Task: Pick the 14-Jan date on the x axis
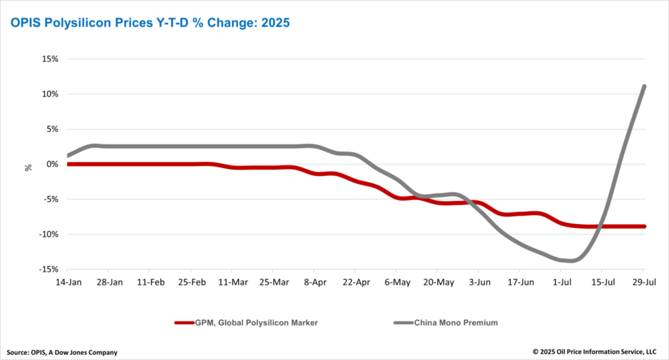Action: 69,282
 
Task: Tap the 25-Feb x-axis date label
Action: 191,282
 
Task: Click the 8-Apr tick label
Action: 315,282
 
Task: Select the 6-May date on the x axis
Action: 397,282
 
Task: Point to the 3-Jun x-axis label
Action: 479,282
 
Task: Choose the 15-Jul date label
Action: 602,282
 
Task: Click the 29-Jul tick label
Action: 643,282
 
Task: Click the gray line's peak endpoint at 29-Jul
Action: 644,86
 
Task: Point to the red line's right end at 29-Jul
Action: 644,227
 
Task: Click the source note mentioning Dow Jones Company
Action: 63,352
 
